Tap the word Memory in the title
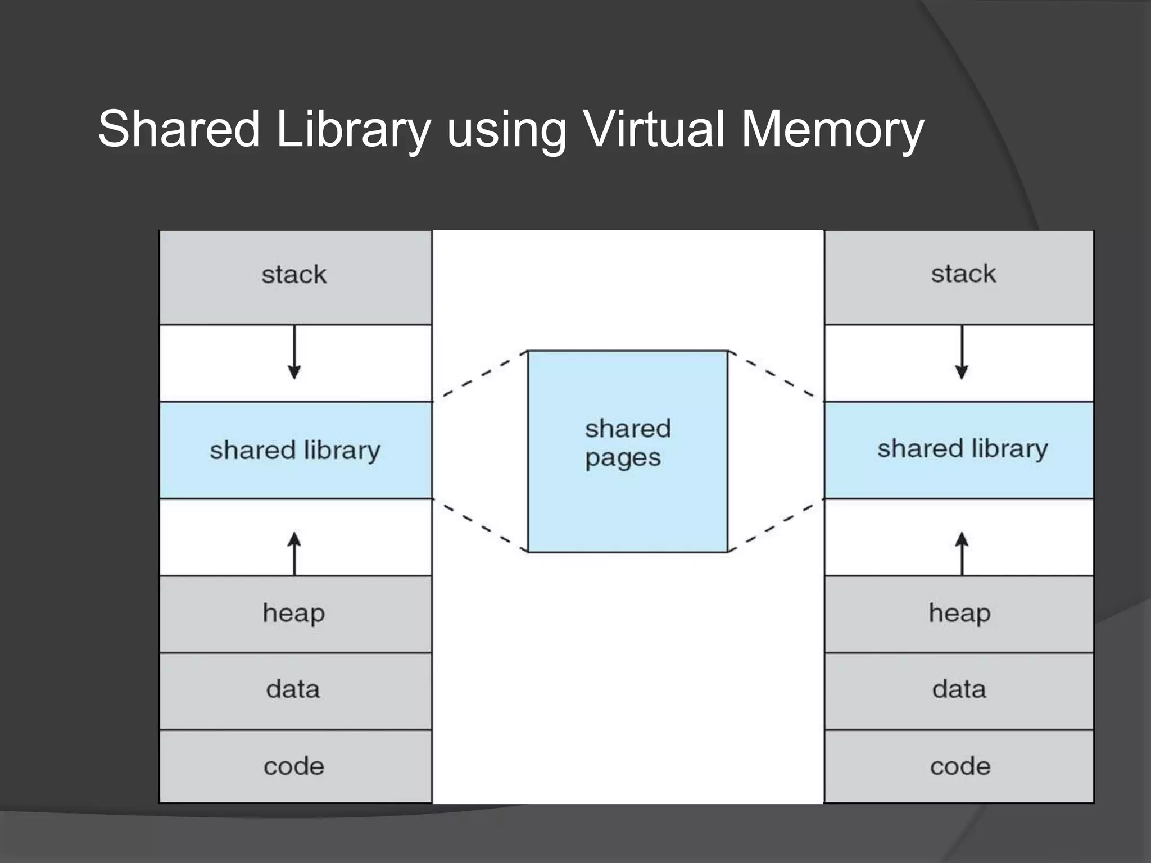pyautogui.click(x=832, y=130)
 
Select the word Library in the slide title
pyautogui.click(x=354, y=130)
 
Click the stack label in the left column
pyautogui.click(x=294, y=275)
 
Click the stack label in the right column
pyautogui.click(x=963, y=274)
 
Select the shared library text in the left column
pyautogui.click(x=295, y=451)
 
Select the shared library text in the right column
pyautogui.click(x=962, y=449)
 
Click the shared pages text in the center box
pyautogui.click(x=627, y=443)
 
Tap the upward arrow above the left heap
pyautogui.click(x=294, y=553)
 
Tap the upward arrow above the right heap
pyautogui.click(x=962, y=553)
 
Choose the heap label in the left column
pyautogui.click(x=293, y=613)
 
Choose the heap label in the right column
pyautogui.click(x=959, y=613)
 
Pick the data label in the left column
pyautogui.click(x=293, y=689)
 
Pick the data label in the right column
pyautogui.click(x=959, y=689)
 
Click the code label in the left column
pyautogui.click(x=294, y=766)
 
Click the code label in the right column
pyautogui.click(x=960, y=766)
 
